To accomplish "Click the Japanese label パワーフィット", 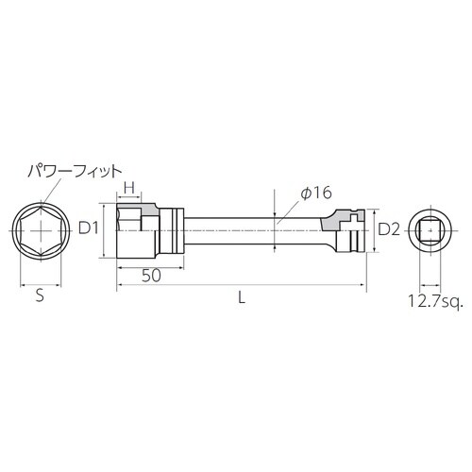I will click(x=75, y=171).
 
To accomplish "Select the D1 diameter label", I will click(x=88, y=228).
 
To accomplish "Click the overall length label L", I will click(x=243, y=296).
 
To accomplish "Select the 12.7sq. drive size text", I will click(x=432, y=301).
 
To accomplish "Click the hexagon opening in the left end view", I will click(x=40, y=228).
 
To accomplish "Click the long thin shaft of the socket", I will click(x=245, y=228).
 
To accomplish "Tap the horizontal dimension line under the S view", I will click(x=40, y=279).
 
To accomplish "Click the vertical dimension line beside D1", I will click(x=102, y=228).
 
